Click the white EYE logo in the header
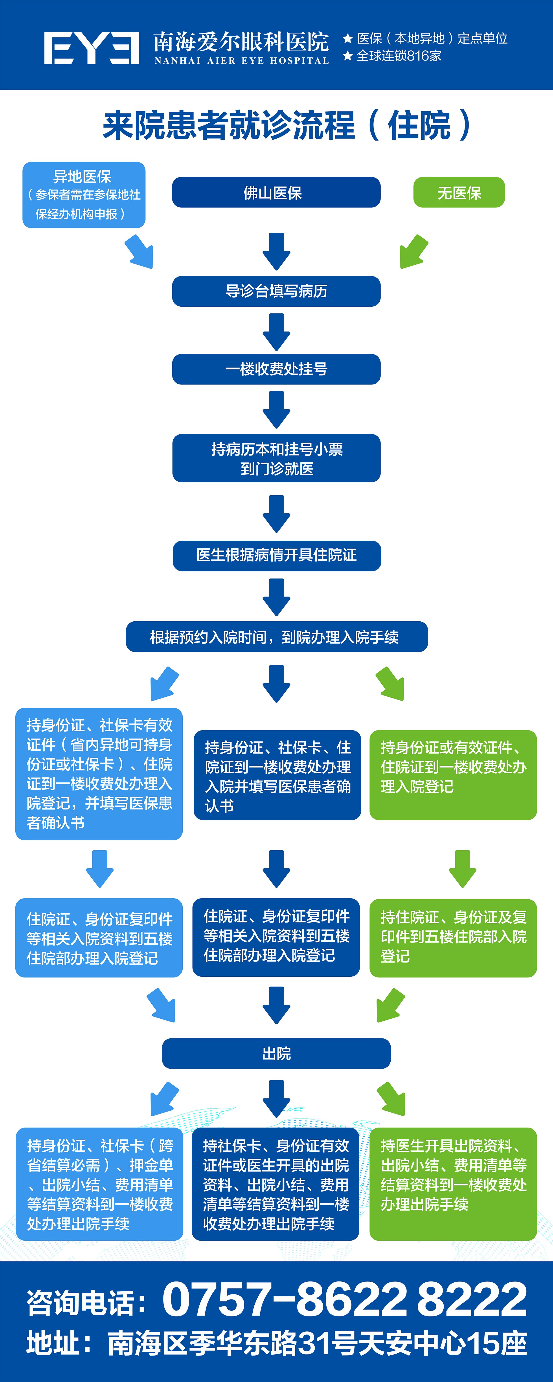[91, 48]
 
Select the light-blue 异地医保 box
[84, 195]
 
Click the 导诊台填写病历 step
[276, 291]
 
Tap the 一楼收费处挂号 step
[276, 369]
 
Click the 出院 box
[276, 1053]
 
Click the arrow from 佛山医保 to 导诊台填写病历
[276, 251]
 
